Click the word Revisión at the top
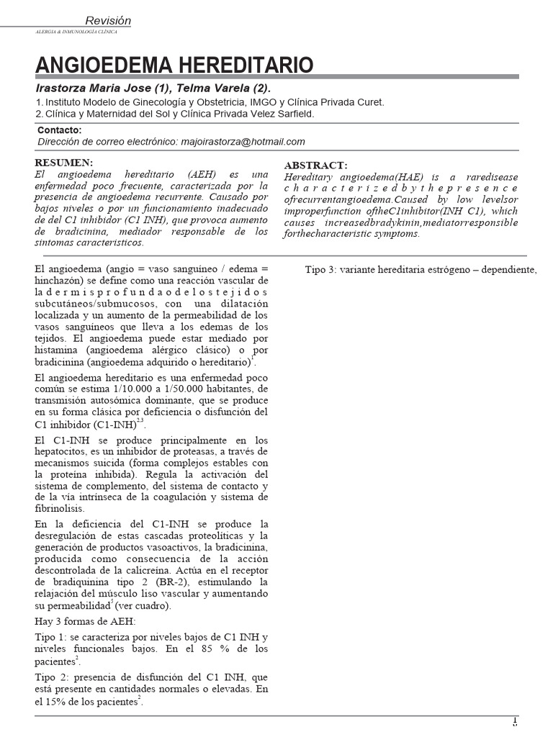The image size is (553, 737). coord(108,21)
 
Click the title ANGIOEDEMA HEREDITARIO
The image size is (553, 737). coord(175,65)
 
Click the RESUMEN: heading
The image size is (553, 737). coord(65,163)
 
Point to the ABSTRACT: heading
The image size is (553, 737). coord(315,165)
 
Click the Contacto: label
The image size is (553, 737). coord(59,130)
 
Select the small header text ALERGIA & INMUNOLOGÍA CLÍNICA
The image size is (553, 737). coord(76,32)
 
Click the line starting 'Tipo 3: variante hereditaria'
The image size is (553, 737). coord(421,270)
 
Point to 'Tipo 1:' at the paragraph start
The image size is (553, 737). coord(52,638)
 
